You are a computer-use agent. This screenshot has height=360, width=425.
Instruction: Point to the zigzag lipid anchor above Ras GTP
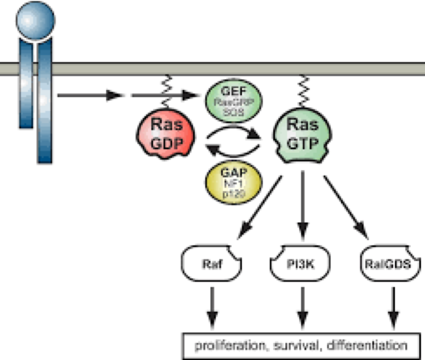[x=304, y=85]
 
